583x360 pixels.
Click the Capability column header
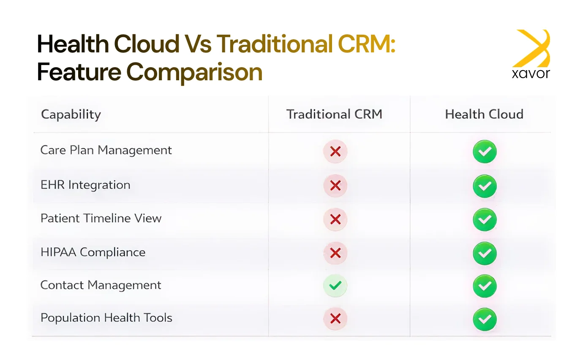(x=71, y=115)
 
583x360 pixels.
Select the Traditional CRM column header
(x=334, y=114)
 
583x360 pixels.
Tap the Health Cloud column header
(x=484, y=114)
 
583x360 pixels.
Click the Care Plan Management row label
(x=106, y=150)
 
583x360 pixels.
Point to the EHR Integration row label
(x=85, y=185)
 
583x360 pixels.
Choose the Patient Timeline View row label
(x=101, y=218)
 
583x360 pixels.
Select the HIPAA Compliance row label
(x=93, y=252)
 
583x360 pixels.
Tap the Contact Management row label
(x=101, y=285)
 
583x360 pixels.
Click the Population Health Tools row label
(x=106, y=318)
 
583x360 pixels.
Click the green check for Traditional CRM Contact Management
(x=335, y=286)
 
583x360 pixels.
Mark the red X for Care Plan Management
(x=335, y=152)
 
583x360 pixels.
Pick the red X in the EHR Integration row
(x=335, y=185)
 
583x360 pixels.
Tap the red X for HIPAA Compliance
(x=335, y=253)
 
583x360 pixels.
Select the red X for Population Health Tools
(x=335, y=319)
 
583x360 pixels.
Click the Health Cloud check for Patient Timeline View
(x=485, y=220)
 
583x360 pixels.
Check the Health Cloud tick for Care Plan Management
(x=485, y=152)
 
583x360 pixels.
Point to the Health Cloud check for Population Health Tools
(x=485, y=319)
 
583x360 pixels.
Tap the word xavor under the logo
(x=531, y=74)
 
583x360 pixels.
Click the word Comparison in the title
(x=194, y=72)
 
